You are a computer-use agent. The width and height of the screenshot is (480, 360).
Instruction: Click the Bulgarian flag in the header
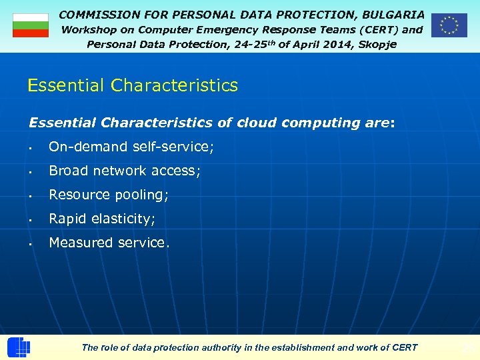click(31, 25)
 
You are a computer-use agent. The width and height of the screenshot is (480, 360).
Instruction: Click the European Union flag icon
click(449, 25)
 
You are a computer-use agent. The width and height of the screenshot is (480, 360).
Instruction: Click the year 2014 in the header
click(330, 44)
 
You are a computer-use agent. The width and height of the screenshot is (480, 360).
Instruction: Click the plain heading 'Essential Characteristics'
click(132, 86)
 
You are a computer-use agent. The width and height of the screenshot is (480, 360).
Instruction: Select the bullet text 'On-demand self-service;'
click(131, 147)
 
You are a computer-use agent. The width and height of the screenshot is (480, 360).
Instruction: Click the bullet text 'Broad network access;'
click(125, 171)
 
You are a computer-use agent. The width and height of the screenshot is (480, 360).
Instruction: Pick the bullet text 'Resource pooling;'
click(109, 195)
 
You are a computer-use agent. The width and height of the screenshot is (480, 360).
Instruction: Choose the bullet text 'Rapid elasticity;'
click(102, 219)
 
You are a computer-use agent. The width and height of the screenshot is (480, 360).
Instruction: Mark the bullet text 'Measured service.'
click(109, 243)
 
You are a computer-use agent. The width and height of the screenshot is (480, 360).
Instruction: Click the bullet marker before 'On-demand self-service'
click(31, 147)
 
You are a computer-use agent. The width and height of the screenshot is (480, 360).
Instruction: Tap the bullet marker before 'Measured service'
click(31, 243)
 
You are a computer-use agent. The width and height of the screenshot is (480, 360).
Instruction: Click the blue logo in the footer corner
click(18, 347)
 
